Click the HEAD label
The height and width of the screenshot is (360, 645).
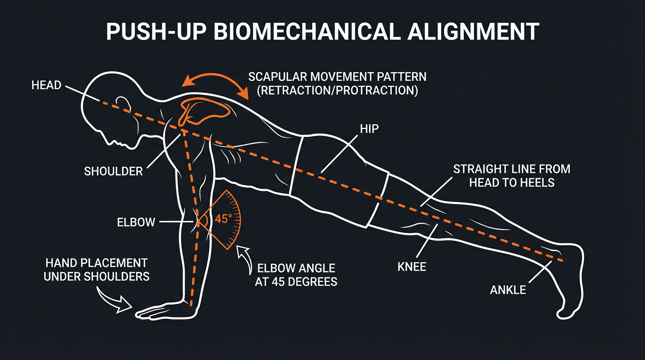[x=46, y=85]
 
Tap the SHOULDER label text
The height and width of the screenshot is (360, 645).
[x=113, y=172]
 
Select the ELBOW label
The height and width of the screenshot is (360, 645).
[x=136, y=222]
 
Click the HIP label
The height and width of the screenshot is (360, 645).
[x=369, y=129]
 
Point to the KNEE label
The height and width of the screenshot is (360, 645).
[x=412, y=267]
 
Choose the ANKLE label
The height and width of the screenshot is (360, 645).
[x=508, y=290]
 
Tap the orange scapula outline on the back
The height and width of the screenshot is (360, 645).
[x=206, y=110]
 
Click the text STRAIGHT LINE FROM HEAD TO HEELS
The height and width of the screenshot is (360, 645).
[x=511, y=175]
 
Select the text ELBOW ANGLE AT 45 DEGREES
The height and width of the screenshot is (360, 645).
[x=296, y=275]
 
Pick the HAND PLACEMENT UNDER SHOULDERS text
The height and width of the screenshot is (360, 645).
[x=97, y=270]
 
